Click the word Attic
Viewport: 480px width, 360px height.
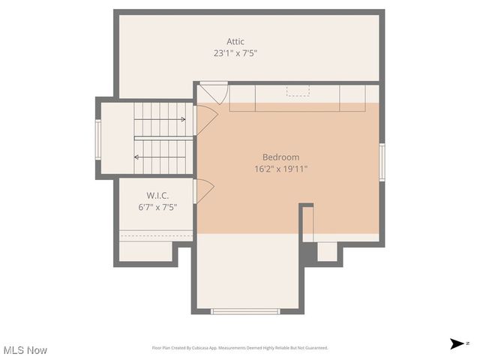235,42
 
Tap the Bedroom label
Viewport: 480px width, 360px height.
280,157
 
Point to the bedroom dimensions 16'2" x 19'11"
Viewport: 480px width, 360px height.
280,169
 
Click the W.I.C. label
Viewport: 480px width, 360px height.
157,196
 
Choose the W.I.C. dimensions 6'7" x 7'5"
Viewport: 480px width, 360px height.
157,208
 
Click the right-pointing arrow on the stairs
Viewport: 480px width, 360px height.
182,119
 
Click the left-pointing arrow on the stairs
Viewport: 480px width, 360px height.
137,157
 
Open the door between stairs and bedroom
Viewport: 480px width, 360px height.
205,120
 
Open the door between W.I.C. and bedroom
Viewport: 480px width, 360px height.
203,191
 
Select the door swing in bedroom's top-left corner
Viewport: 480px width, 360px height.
213,93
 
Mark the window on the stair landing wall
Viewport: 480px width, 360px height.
97,139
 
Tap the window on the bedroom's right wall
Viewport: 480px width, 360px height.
382,163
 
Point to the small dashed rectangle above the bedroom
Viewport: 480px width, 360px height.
298,91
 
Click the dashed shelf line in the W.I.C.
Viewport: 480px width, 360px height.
156,235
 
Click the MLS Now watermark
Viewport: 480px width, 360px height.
25,350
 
